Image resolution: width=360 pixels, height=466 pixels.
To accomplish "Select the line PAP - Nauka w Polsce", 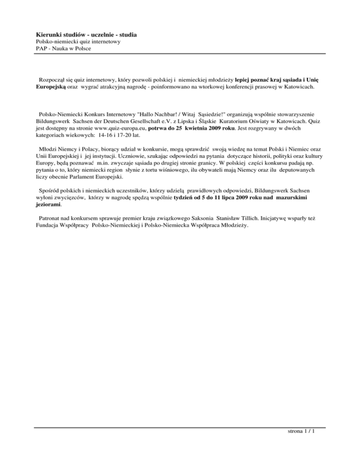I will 63,48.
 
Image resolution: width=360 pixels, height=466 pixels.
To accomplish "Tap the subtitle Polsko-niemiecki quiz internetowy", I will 78,42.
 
